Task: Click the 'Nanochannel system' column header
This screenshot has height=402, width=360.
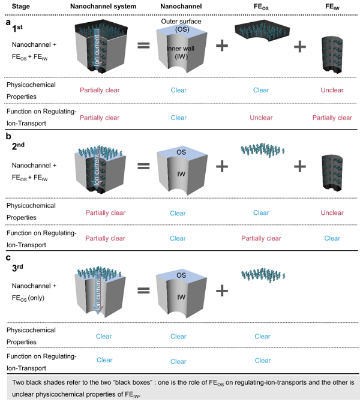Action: click(103, 6)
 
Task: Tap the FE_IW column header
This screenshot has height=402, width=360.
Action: click(332, 7)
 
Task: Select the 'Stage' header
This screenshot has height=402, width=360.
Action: click(21, 7)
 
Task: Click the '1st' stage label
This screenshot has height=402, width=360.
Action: click(17, 28)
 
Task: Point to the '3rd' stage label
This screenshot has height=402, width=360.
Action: click(17, 268)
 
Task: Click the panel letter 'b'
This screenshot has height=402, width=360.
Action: click(8, 136)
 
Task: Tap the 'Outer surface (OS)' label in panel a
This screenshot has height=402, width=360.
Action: click(181, 25)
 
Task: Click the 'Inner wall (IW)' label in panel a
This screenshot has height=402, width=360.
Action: click(181, 52)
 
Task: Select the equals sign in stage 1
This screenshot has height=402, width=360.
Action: click(143, 46)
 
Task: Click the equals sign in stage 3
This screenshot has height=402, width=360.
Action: click(143, 290)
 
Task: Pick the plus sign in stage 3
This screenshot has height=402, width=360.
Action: click(222, 291)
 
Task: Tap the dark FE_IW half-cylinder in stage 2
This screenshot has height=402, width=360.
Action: click(332, 173)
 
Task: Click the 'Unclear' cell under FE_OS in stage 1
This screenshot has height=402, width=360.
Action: click(261, 118)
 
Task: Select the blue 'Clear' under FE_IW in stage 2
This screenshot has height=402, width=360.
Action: click(332, 238)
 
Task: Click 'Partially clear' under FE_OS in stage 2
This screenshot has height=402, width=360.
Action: click(261, 238)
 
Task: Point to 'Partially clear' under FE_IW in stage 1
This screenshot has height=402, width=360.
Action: click(332, 118)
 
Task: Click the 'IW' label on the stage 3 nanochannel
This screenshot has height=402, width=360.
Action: click(181, 297)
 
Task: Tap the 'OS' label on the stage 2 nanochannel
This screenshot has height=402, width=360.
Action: click(181, 152)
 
